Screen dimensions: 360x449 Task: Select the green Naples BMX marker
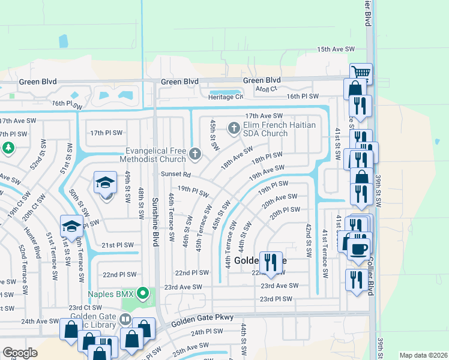142,294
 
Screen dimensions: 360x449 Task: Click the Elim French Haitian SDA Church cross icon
234,127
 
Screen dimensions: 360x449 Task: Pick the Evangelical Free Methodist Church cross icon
194,154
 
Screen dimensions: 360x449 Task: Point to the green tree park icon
8,147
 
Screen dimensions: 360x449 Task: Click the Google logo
20,353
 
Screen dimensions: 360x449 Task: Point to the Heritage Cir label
226,97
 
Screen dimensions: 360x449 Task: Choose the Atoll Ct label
265,89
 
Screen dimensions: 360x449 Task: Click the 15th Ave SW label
336,49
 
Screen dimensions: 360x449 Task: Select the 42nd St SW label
308,241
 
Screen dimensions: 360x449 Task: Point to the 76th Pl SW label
66,103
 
